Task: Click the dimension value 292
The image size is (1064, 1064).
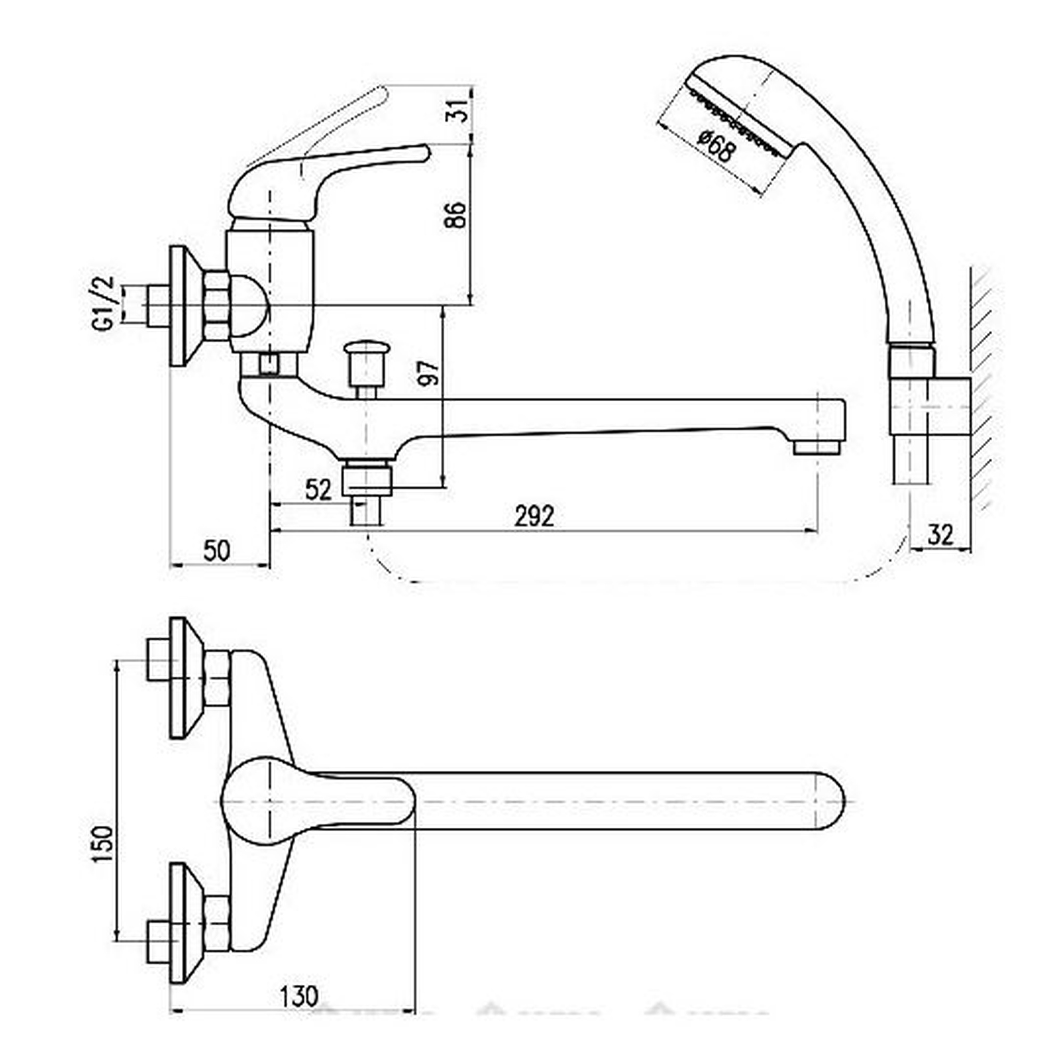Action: (x=534, y=516)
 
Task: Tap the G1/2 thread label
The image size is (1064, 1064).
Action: (x=103, y=303)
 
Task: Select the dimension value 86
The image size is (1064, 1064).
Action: (x=455, y=215)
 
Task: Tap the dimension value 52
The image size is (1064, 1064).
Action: (x=318, y=489)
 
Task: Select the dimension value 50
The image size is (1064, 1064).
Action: (x=217, y=550)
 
